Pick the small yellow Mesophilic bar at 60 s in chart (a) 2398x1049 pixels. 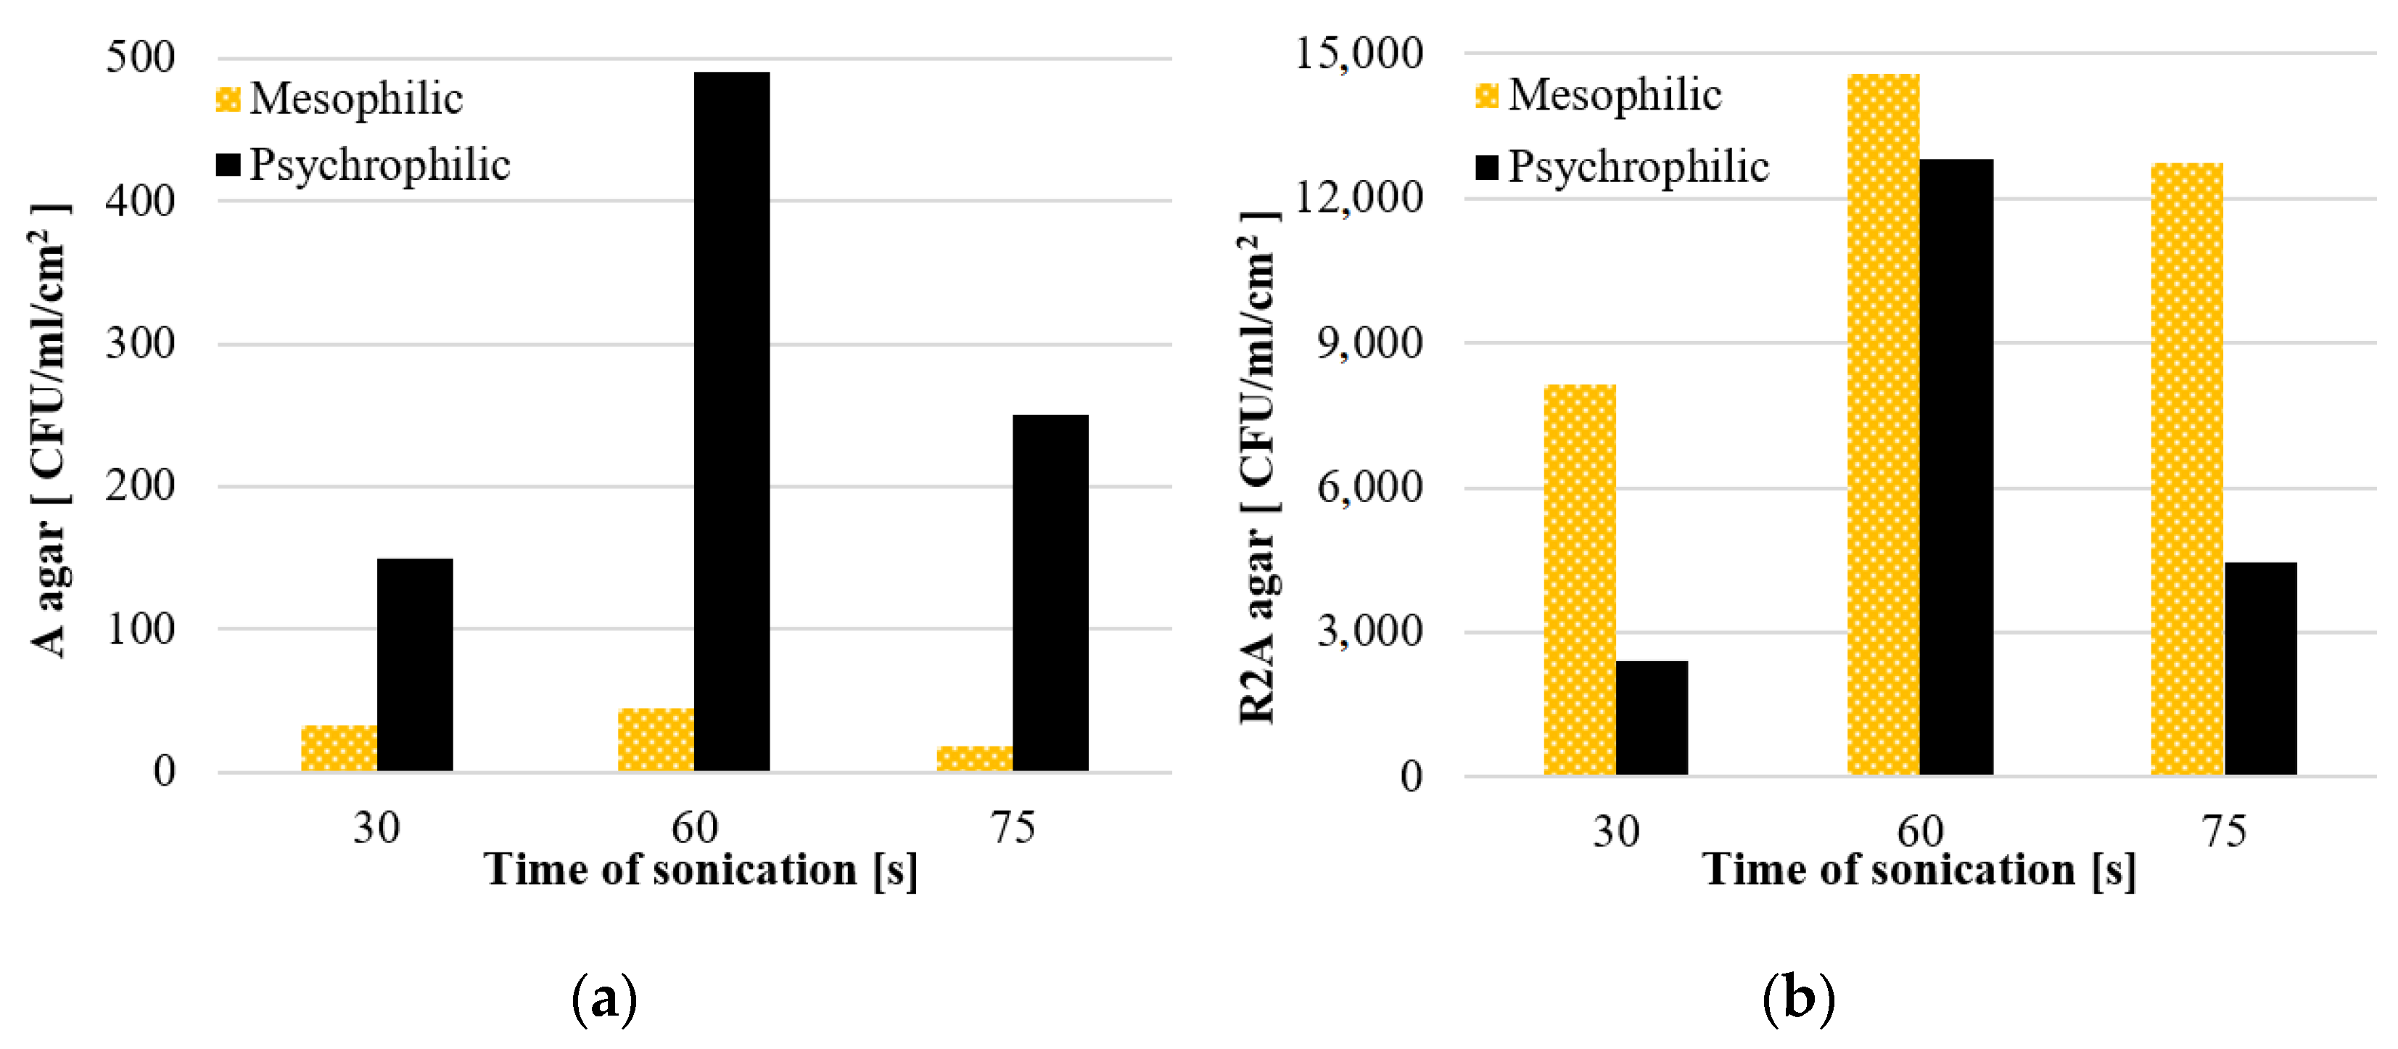[x=656, y=740]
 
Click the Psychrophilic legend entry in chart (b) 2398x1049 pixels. [x=1636, y=168]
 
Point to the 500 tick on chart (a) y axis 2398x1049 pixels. [x=140, y=58]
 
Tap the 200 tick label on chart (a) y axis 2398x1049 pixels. [x=140, y=486]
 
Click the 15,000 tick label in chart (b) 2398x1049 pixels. [x=1359, y=53]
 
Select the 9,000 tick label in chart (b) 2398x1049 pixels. [x=1369, y=343]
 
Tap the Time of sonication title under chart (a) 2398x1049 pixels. [x=700, y=871]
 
